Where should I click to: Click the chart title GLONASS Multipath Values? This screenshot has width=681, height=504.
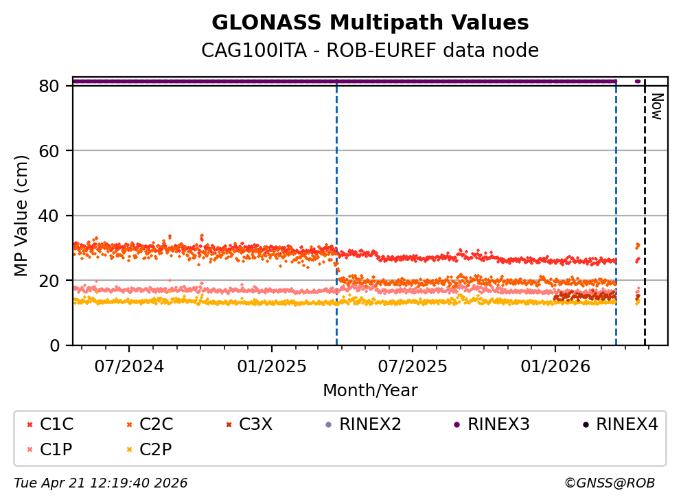370,23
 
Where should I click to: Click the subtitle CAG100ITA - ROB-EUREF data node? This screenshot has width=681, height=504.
370,51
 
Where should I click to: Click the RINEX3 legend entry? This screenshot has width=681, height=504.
492,424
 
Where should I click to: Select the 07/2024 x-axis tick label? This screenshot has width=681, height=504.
129,367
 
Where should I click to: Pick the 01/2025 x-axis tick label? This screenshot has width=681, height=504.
272,367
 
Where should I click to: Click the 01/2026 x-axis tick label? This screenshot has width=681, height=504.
555,367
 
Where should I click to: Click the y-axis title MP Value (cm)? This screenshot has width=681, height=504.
23,216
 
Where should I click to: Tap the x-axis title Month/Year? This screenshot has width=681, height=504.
370,391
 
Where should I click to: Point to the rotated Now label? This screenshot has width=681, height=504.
657,107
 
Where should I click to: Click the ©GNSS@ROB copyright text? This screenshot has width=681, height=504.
610,483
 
